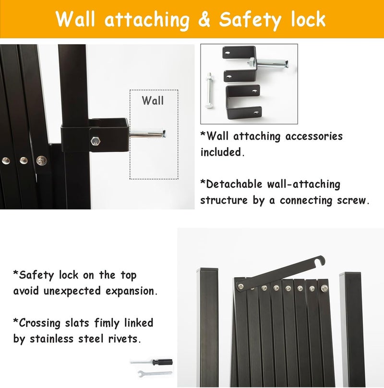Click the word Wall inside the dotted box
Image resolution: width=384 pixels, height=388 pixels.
[153, 100]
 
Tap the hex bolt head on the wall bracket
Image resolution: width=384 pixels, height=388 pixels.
[96, 141]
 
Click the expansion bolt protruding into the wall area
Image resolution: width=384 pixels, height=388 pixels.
[147, 133]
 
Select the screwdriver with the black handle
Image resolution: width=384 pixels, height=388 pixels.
[152, 362]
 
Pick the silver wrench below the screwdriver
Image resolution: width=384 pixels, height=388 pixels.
[155, 374]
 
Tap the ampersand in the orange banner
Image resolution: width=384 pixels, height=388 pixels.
[204, 20]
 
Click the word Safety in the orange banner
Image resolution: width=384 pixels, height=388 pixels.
[250, 20]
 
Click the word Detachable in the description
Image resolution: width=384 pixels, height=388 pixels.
[234, 184]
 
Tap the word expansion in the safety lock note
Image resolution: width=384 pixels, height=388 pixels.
[132, 291]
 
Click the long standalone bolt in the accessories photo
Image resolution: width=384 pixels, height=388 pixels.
[209, 90]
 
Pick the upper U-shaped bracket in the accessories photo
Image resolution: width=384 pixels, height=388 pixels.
[239, 64]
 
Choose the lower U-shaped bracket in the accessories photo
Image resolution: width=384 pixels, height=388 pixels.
[244, 102]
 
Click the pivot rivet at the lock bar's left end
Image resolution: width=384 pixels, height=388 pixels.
[240, 286]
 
